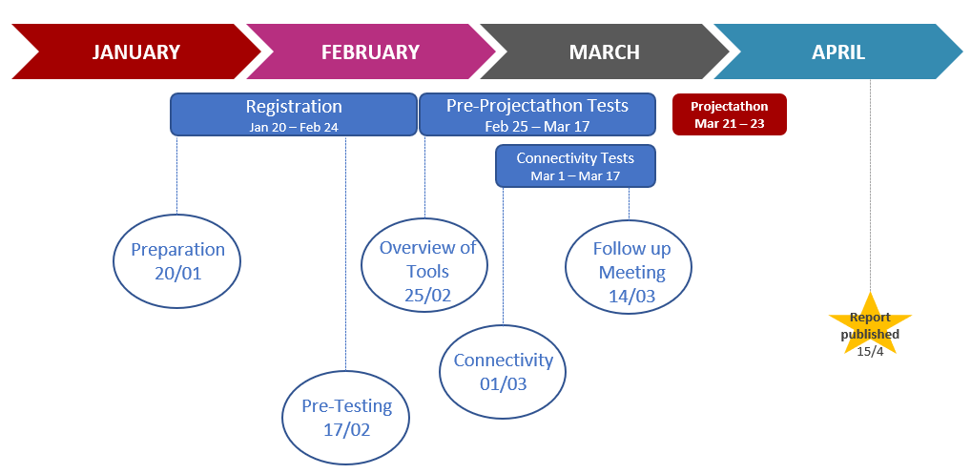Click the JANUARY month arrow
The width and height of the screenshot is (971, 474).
tap(136, 52)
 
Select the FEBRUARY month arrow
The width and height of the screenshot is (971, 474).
tap(370, 52)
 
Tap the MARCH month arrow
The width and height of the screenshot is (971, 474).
tap(605, 52)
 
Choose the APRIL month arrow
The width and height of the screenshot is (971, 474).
tap(838, 52)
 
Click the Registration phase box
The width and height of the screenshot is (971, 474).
tap(294, 114)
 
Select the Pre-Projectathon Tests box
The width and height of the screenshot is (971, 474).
tap(538, 114)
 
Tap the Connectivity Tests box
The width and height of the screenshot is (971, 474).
tap(575, 166)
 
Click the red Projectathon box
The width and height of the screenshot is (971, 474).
tap(730, 114)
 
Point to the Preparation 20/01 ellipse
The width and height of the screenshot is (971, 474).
tap(177, 261)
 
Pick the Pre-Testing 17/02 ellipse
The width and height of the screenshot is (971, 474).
tap(345, 418)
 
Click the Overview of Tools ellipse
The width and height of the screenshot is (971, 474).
tap(424, 265)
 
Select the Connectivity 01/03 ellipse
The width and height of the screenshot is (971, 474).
tap(503, 372)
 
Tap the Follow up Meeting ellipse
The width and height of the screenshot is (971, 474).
tap(630, 267)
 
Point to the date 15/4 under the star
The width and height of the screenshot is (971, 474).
tap(870, 351)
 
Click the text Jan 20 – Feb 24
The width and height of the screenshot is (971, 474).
tap(294, 127)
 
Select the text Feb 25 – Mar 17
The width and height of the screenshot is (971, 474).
tap(538, 127)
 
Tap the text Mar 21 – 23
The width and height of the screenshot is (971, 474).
tap(730, 124)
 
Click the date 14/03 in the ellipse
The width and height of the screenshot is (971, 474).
tap(631, 296)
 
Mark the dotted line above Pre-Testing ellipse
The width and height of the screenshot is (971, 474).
tap(345, 253)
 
